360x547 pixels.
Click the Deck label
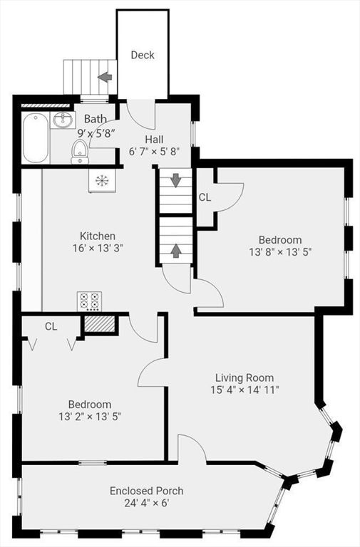tap(143, 55)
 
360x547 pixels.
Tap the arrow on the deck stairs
tap(105, 77)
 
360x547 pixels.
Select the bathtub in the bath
tap(35, 137)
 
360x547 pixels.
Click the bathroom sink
tap(63, 120)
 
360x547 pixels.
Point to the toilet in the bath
tap(80, 152)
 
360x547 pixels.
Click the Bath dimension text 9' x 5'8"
tap(96, 133)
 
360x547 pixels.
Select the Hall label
tap(154, 140)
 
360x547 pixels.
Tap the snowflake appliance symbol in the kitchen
tap(101, 180)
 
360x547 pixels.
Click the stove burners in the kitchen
tap(89, 301)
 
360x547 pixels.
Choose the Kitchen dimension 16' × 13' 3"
tap(98, 249)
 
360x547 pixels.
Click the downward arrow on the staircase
tap(175, 180)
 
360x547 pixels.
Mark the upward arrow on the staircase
tap(175, 251)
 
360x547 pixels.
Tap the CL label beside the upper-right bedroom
tap(205, 197)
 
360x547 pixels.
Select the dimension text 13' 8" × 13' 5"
tap(280, 252)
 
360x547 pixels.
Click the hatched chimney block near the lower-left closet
tap(100, 325)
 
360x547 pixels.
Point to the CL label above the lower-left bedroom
tap(51, 326)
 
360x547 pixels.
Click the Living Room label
tap(245, 377)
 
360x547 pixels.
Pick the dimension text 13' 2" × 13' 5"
tap(90, 417)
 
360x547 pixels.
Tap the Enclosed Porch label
tap(147, 491)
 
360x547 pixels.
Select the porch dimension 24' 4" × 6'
tap(147, 503)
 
